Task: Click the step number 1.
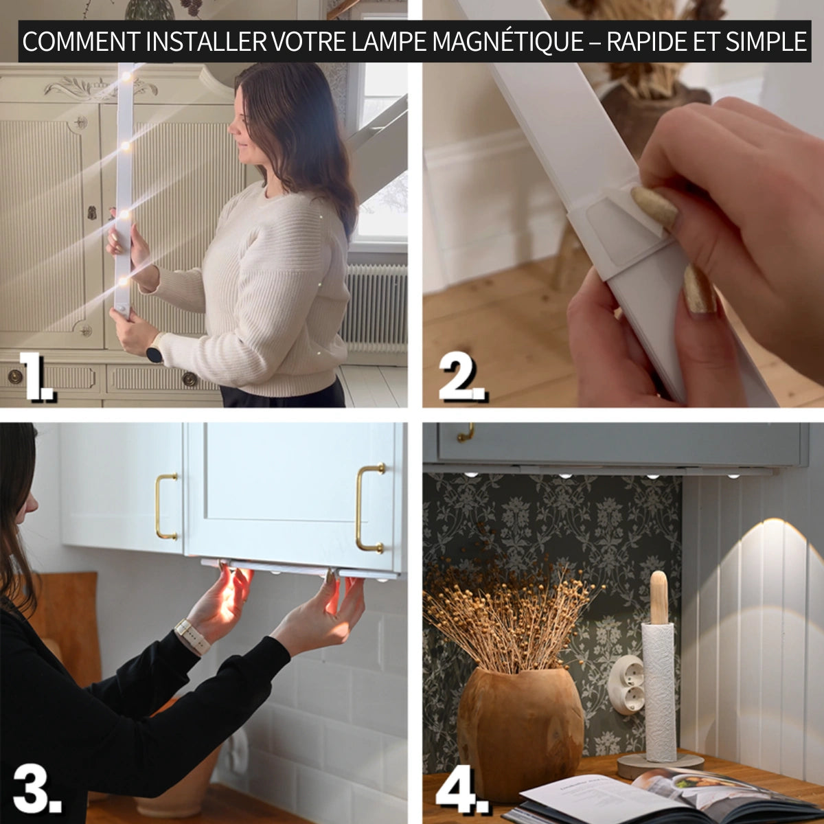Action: tap(38, 376)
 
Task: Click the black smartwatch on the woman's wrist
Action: tap(154, 354)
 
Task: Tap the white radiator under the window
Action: tap(376, 306)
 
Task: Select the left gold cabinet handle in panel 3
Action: tap(165, 506)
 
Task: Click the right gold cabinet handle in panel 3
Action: tap(369, 508)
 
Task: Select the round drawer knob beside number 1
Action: tap(15, 376)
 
